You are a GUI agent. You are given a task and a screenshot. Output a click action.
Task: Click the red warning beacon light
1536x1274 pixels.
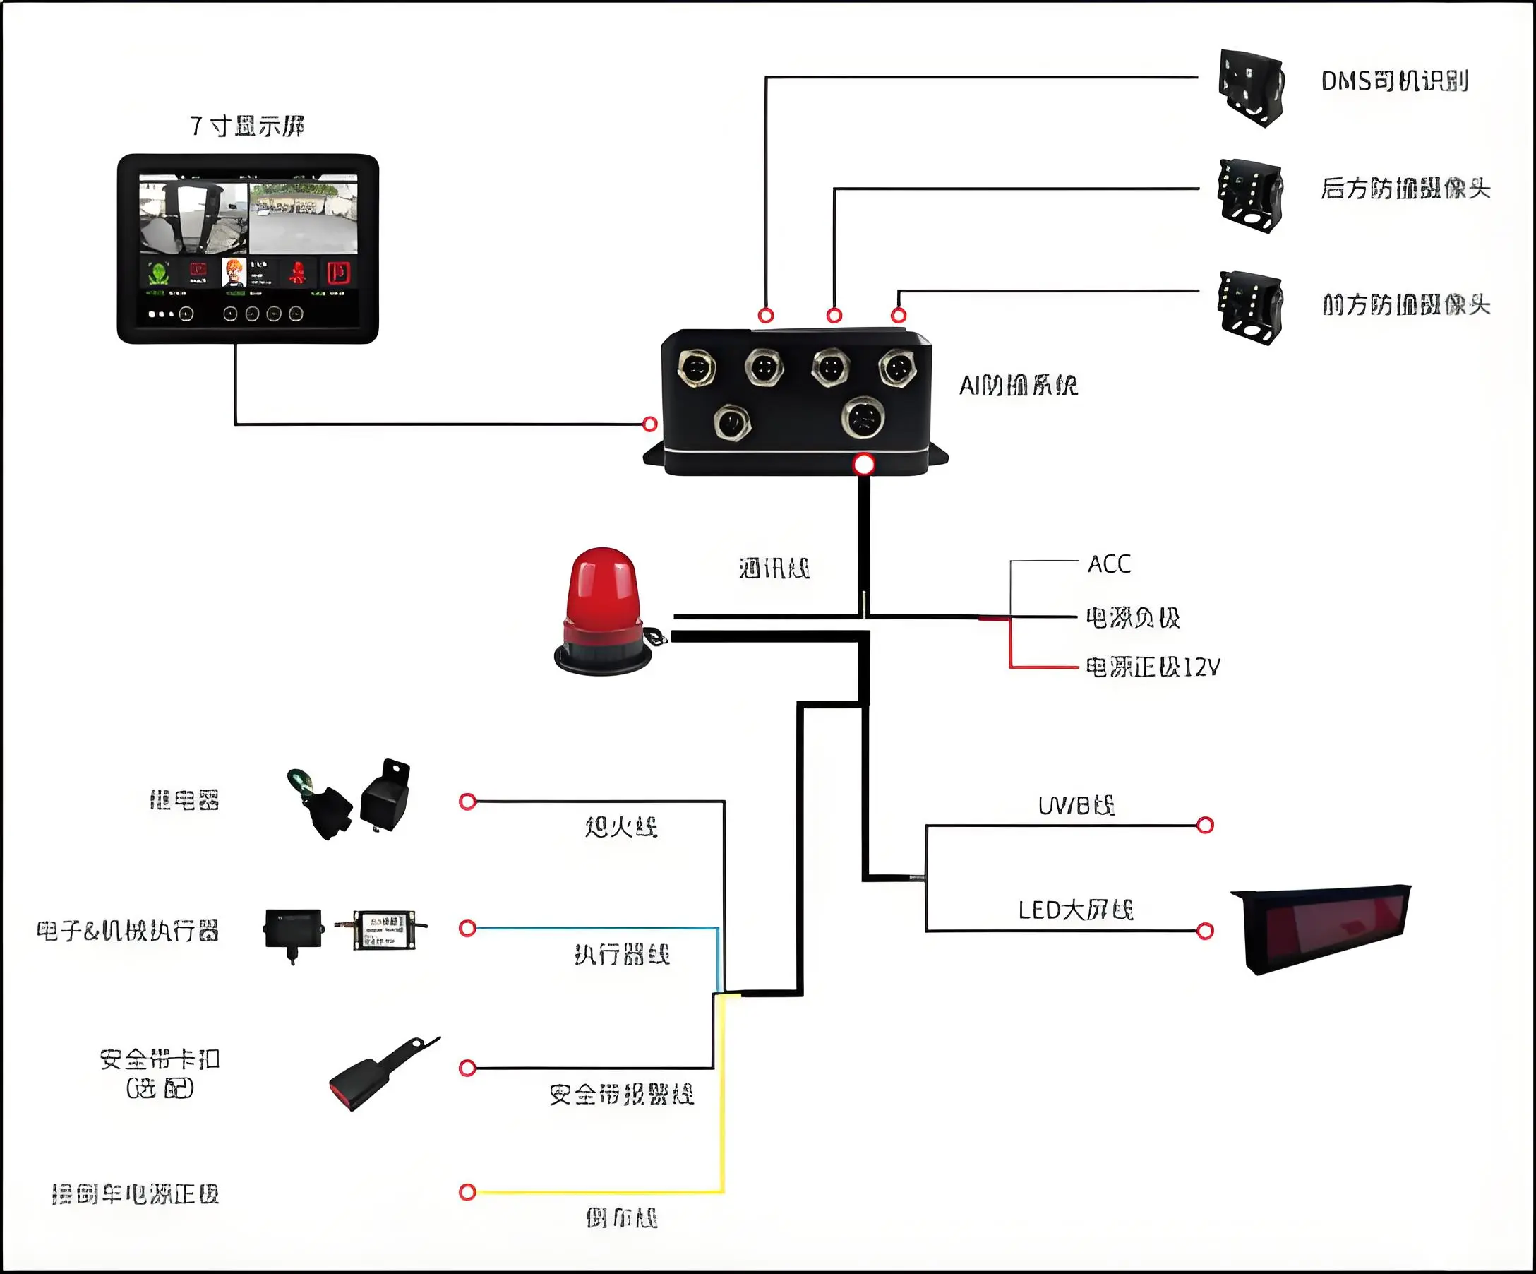point(604,611)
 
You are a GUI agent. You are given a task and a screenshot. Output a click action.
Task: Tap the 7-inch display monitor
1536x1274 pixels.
point(248,249)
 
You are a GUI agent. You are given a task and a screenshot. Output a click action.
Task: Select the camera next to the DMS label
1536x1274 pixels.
point(1251,88)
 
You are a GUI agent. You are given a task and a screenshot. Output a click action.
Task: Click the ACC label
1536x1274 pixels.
point(1109,564)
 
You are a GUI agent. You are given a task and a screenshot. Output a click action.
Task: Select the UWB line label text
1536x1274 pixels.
point(1076,806)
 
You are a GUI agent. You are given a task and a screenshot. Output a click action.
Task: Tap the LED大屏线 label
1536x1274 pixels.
point(1075,910)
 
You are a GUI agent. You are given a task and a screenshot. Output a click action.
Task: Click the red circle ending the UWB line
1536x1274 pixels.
point(1206,826)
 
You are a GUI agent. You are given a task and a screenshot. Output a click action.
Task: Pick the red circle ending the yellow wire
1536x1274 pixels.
point(467,1192)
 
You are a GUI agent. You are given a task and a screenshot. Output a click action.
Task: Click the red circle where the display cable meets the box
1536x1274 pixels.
point(649,424)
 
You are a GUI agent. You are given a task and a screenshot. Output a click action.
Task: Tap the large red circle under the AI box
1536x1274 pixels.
point(864,465)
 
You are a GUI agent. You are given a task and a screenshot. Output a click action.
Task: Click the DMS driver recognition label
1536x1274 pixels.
point(1394,81)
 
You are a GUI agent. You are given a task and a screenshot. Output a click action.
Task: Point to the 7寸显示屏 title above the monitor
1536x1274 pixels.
point(247,126)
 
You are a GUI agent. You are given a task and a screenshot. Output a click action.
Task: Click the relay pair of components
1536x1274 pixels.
point(349,800)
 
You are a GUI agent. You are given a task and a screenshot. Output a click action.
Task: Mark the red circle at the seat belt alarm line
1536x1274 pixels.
point(467,1068)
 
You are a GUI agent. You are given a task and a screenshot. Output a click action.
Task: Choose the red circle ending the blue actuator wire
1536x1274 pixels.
point(467,929)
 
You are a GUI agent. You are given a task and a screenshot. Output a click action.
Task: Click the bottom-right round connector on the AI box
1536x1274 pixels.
point(864,419)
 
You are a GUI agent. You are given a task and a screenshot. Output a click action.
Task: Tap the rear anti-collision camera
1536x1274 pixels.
point(1251,196)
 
